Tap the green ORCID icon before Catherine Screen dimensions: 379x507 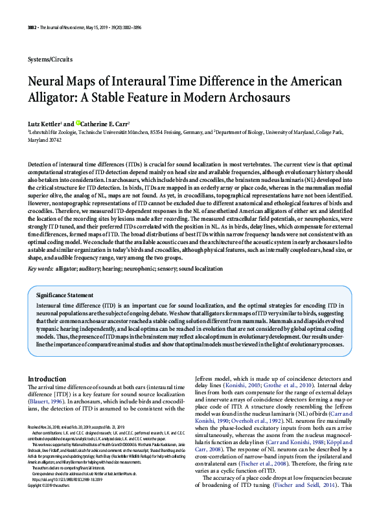[78, 122]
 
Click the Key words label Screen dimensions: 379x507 [41, 250]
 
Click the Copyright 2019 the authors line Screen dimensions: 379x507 [52, 484]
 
